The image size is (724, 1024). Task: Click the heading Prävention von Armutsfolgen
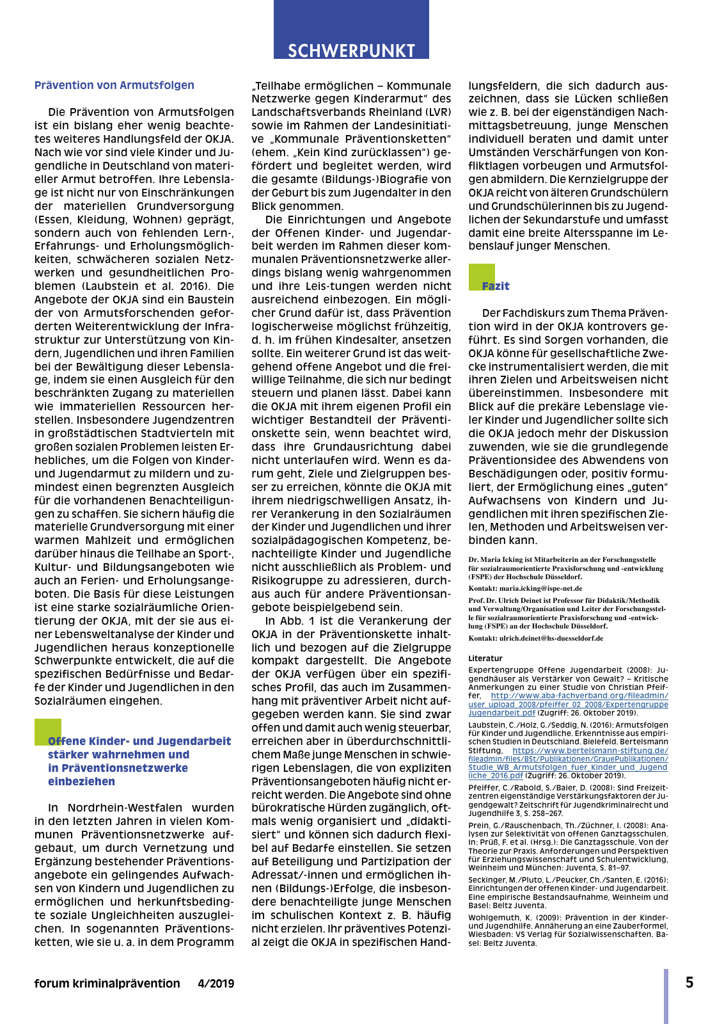[x=114, y=85]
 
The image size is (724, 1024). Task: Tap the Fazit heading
[x=496, y=286]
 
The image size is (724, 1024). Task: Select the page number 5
[x=689, y=982]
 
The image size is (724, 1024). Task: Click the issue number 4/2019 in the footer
[x=216, y=984]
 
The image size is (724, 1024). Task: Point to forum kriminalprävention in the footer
[x=107, y=984]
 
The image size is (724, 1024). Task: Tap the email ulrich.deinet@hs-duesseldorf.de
[x=551, y=638]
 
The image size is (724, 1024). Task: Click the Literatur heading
[x=485, y=658]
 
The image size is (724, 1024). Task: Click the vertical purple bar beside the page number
[x=666, y=995]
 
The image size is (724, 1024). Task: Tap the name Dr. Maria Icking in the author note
[x=496, y=559]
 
